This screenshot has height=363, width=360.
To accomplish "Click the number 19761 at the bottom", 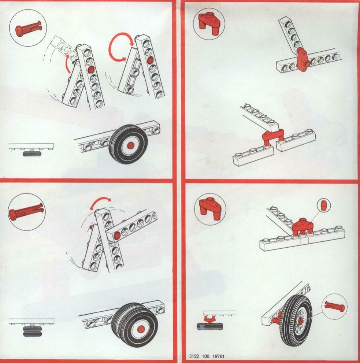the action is point(218,356).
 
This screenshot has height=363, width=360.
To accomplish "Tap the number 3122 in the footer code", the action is point(194,356).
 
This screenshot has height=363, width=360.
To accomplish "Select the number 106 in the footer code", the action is point(205,356).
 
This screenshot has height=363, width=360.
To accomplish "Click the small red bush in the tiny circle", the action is point(324,205).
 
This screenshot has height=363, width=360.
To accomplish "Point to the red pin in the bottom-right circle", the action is point(335,306).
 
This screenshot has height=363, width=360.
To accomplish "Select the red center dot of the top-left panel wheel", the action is point(131,145).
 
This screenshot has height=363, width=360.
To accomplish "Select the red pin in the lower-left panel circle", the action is point(26,211).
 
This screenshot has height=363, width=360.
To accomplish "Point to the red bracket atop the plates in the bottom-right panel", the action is point(303,227).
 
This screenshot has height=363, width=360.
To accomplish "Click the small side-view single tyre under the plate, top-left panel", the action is point(32,154).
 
